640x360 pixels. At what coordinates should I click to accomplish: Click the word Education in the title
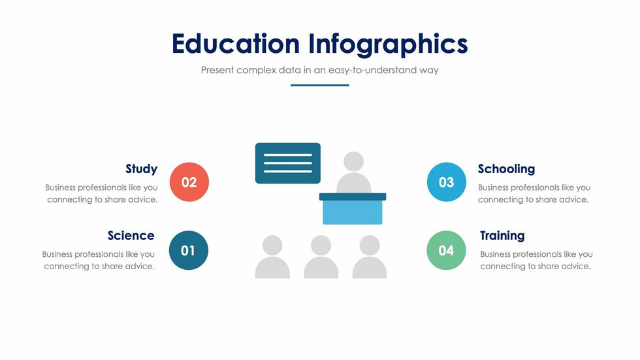pos(236,43)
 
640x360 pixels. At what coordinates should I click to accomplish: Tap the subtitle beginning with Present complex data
pos(319,70)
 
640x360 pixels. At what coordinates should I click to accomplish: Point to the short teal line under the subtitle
pos(319,86)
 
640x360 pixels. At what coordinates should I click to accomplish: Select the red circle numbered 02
pos(189,182)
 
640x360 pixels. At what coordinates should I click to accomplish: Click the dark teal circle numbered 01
pos(189,250)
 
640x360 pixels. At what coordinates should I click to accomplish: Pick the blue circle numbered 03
pos(447,182)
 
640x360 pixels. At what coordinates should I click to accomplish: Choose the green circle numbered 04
pos(446,250)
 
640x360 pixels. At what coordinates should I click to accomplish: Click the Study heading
pos(141,169)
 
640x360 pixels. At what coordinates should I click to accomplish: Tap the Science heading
pos(131,235)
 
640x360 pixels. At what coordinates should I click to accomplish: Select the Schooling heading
pos(507,169)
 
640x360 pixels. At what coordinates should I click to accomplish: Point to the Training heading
pos(502,236)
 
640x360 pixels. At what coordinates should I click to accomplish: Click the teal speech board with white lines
pos(288,163)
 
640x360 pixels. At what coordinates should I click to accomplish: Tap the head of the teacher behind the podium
pos(353,161)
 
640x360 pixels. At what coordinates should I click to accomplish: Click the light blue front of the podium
pos(353,212)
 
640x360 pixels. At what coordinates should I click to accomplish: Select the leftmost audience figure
pos(272,257)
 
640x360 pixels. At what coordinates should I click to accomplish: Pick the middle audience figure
pos(321,257)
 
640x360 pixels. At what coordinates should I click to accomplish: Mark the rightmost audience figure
pos(370,257)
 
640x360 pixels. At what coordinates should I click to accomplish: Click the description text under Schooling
pos(534,193)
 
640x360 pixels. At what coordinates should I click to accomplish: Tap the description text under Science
pos(99,260)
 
